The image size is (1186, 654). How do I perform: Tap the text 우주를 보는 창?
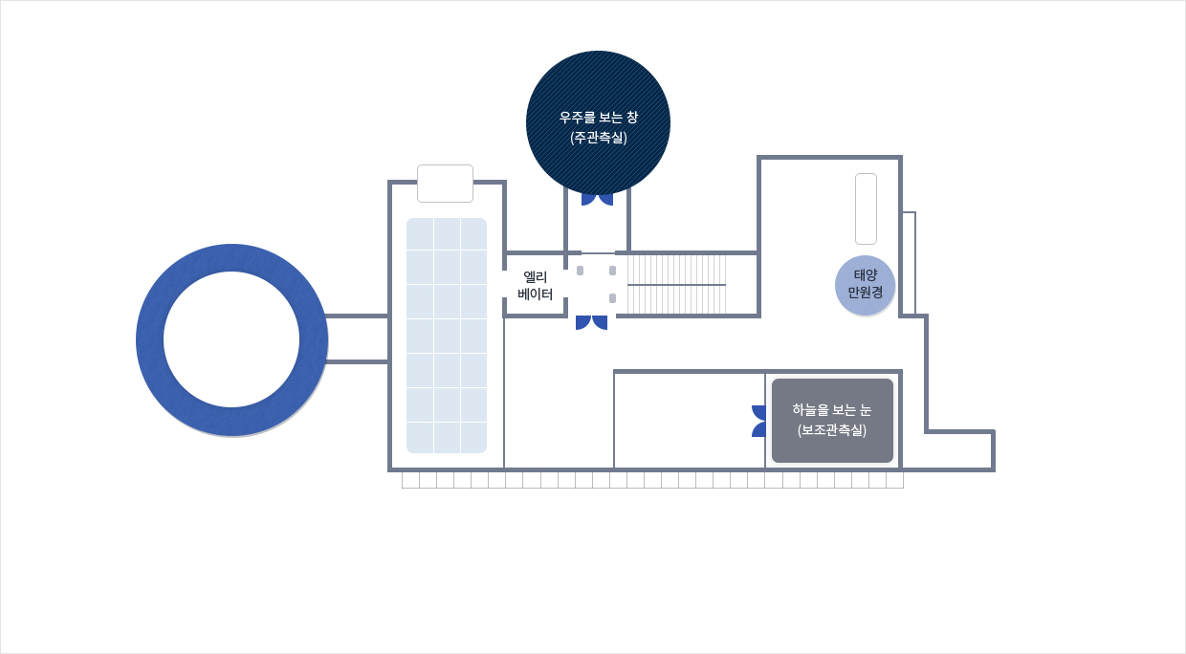pyautogui.click(x=598, y=118)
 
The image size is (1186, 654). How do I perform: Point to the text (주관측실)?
pyautogui.click(x=598, y=138)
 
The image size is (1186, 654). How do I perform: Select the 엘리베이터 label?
pyautogui.click(x=535, y=285)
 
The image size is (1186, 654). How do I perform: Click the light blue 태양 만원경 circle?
pyautogui.click(x=865, y=285)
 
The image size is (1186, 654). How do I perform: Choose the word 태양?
pyautogui.click(x=865, y=274)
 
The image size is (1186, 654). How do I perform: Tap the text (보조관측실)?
pyautogui.click(x=832, y=430)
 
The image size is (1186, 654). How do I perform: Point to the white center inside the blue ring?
pyautogui.click(x=231, y=339)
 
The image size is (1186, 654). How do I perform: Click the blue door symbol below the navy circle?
pyautogui.click(x=597, y=199)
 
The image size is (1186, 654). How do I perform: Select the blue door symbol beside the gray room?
pyautogui.click(x=758, y=421)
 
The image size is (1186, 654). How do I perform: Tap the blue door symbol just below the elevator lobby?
pyautogui.click(x=591, y=322)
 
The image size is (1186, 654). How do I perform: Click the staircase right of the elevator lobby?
pyautogui.click(x=676, y=284)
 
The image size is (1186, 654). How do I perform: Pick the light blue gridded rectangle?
pyautogui.click(x=447, y=336)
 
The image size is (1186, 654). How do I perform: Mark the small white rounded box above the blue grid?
pyautogui.click(x=445, y=184)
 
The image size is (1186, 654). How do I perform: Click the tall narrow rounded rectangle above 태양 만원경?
pyautogui.click(x=866, y=208)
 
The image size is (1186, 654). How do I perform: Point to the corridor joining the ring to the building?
pyautogui.click(x=357, y=338)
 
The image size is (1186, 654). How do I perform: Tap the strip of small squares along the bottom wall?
pyautogui.click(x=652, y=480)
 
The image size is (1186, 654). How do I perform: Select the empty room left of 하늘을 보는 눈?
pyautogui.click(x=689, y=420)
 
